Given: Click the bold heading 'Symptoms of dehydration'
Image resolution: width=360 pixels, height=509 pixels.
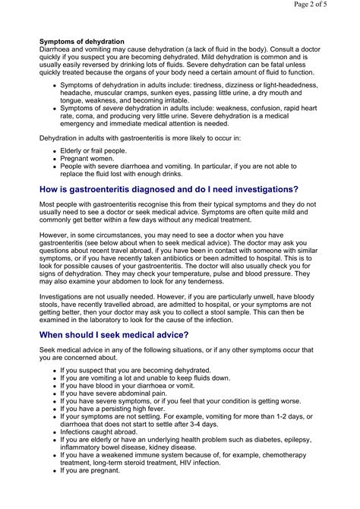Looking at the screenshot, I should (82, 40).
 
